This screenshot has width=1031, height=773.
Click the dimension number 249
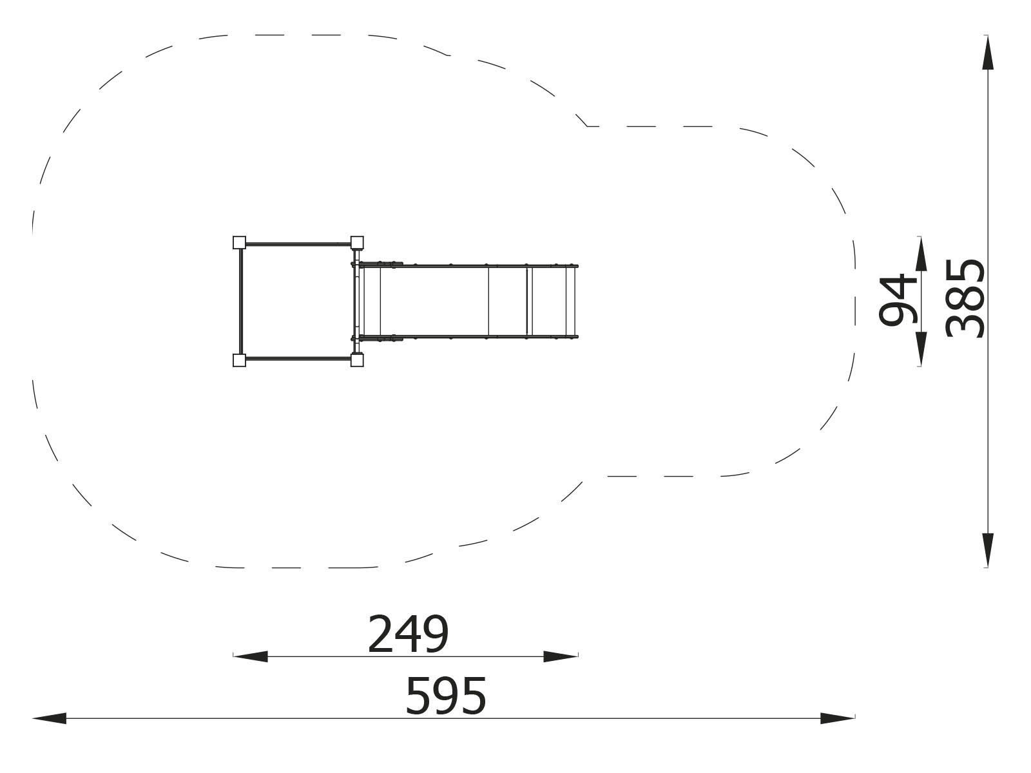408,634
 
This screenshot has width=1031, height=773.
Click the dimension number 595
446,696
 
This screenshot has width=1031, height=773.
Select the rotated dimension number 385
965,298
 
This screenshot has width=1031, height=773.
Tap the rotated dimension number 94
898,300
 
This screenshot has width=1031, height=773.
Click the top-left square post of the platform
239,242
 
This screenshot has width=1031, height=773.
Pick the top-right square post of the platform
357,242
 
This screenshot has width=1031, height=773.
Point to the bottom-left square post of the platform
239,360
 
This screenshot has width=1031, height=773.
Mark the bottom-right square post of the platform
357,360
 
